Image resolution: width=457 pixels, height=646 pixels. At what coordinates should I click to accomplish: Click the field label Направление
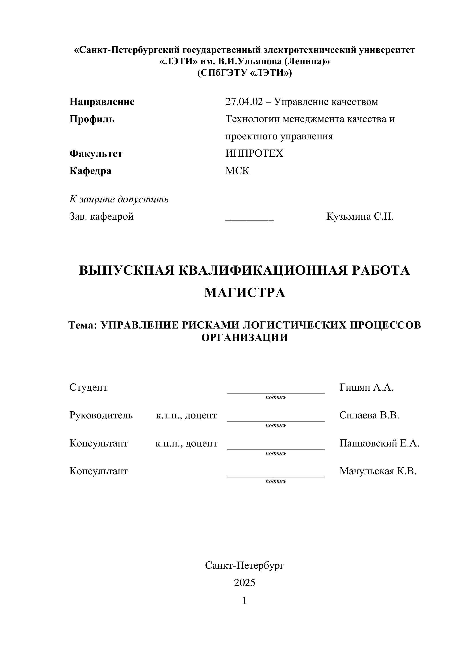102,102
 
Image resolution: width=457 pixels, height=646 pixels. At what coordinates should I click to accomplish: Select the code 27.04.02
244,102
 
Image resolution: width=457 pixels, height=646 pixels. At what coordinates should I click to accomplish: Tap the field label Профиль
92,119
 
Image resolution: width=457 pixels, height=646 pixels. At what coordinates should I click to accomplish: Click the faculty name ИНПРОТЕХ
254,153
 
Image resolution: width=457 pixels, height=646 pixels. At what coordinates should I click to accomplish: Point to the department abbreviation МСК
237,171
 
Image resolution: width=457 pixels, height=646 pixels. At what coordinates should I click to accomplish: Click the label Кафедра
90,171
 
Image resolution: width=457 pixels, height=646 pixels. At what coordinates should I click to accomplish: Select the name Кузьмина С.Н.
360,217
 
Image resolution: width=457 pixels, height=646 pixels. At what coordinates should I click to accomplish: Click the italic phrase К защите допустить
119,199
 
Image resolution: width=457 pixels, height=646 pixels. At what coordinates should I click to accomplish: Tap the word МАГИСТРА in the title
245,293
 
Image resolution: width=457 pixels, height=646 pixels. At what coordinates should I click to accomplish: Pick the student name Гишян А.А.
366,388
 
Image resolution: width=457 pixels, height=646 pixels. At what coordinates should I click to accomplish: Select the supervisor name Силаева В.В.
369,415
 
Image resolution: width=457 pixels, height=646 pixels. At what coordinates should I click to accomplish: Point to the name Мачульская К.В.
378,471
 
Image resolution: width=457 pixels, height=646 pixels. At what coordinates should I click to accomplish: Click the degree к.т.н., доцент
186,415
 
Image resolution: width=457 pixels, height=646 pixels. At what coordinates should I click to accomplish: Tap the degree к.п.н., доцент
186,443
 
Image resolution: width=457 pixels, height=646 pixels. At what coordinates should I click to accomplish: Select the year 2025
245,582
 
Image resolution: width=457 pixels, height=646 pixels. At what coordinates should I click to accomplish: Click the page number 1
245,600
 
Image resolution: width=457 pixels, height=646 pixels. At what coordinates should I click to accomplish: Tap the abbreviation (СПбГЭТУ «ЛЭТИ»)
245,73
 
